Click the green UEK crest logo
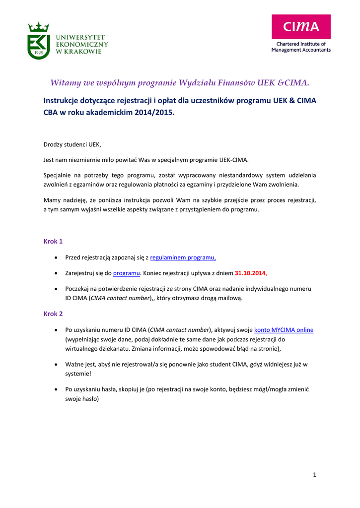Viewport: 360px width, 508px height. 38,41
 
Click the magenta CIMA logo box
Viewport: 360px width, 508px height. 301,27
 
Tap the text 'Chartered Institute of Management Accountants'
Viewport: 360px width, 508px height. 301,47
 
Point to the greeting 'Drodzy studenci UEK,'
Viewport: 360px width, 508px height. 72,145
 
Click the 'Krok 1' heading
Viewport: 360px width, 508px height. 53,242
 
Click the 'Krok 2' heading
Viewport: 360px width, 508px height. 53,314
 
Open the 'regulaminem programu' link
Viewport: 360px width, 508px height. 183,258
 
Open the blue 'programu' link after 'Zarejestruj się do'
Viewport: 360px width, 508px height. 126,273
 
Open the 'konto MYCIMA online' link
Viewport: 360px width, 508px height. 284,330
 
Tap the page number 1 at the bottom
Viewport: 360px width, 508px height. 315,475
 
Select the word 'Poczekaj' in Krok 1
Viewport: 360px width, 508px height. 77,288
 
